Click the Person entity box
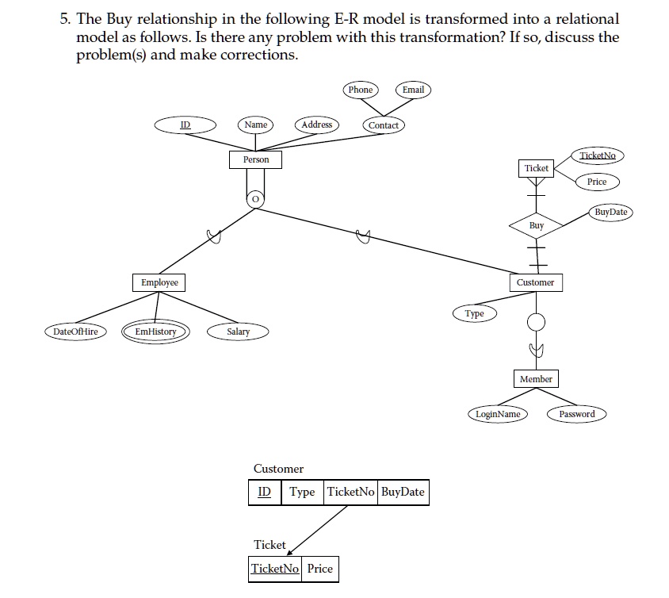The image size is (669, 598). [x=255, y=159]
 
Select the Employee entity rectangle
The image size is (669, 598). [x=159, y=282]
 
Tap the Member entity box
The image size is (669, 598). [x=536, y=379]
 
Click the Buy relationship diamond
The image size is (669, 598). [x=537, y=225]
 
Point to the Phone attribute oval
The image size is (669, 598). [x=360, y=90]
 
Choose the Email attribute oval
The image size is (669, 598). [x=413, y=90]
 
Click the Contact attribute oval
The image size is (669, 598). [x=384, y=125]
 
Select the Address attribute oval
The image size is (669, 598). [x=317, y=125]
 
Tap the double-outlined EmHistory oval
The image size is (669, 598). [x=155, y=332]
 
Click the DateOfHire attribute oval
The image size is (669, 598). [x=75, y=332]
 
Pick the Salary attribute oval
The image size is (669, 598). [x=238, y=332]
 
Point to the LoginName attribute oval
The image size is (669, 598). [x=498, y=414]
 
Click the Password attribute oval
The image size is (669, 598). [x=576, y=414]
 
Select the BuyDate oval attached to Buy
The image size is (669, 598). [x=610, y=212]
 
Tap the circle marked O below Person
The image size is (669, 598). [x=255, y=199]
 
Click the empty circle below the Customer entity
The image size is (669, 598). [x=536, y=321]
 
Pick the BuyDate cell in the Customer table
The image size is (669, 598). [x=403, y=492]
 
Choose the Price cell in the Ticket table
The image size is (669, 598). [x=319, y=569]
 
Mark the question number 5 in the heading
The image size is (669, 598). [x=64, y=18]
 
